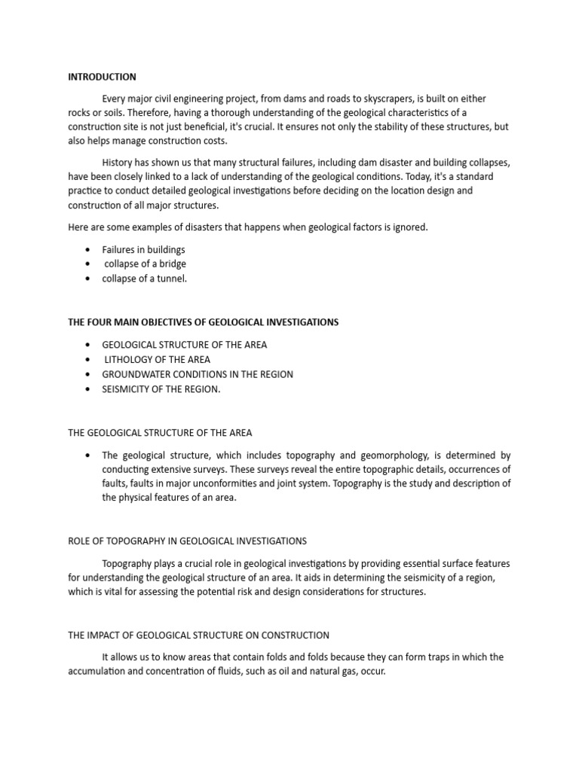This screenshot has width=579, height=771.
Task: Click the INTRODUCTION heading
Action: point(102,77)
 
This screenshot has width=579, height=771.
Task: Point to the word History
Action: point(118,163)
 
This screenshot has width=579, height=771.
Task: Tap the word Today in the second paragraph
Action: point(397,176)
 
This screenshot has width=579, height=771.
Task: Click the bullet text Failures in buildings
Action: point(143,249)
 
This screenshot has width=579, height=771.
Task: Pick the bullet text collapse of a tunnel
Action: point(145,279)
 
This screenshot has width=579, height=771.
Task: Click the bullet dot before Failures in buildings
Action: point(88,249)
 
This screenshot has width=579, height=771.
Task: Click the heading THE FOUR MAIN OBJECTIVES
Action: point(203,322)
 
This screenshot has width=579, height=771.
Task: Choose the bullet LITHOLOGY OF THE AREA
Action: point(157,359)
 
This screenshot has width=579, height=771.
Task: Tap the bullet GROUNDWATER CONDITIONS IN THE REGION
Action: point(198,374)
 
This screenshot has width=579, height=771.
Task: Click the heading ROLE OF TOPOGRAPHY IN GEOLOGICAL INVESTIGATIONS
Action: point(187,541)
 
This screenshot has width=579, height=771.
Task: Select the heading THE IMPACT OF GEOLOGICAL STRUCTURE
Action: point(198,635)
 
